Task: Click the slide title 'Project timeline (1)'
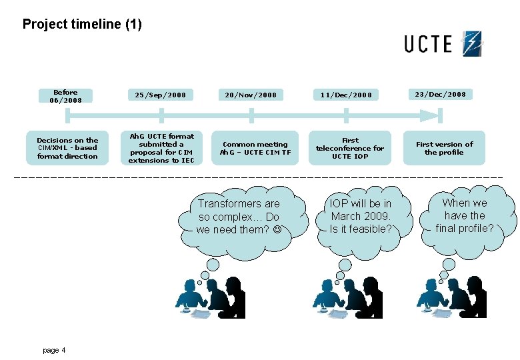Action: tap(82, 25)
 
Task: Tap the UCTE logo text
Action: tap(427, 44)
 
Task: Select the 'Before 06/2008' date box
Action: tap(65, 96)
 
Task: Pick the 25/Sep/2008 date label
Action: tap(161, 95)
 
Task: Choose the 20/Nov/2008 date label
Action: tap(251, 95)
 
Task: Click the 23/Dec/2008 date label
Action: tap(440, 94)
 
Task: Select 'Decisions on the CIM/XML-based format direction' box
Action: tap(67, 149)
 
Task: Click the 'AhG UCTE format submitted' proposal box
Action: tap(161, 148)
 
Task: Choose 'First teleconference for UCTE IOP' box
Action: tap(350, 148)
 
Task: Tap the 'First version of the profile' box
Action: tap(444, 148)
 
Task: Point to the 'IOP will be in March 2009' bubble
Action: tap(361, 216)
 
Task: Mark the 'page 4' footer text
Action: tap(54, 350)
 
